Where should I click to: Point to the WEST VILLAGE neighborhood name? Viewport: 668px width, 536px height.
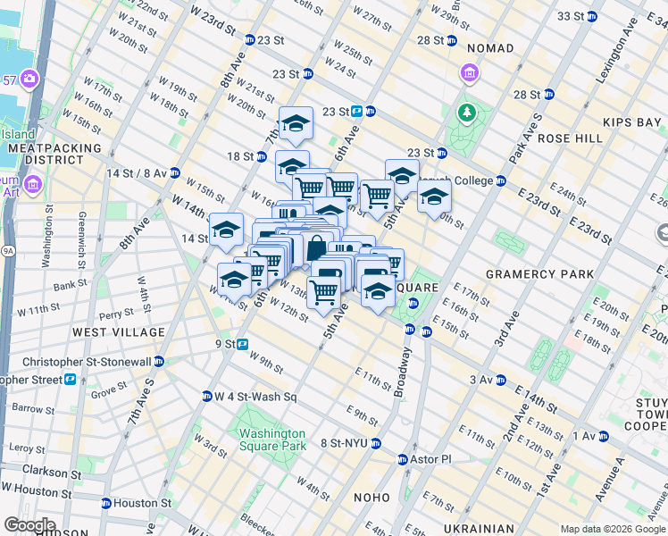119,332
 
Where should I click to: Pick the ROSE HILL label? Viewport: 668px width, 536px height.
570,138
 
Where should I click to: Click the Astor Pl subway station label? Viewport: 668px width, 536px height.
431,459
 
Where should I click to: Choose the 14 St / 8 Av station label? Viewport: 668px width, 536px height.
136,172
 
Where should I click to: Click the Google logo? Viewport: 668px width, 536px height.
29,525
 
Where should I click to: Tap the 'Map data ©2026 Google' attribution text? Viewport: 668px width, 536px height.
612,529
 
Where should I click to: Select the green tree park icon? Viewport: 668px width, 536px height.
465,113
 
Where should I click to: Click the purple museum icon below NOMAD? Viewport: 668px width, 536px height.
468,72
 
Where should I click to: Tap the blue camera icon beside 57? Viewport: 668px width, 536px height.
29,80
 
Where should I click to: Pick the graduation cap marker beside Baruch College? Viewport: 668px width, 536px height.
435,197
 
